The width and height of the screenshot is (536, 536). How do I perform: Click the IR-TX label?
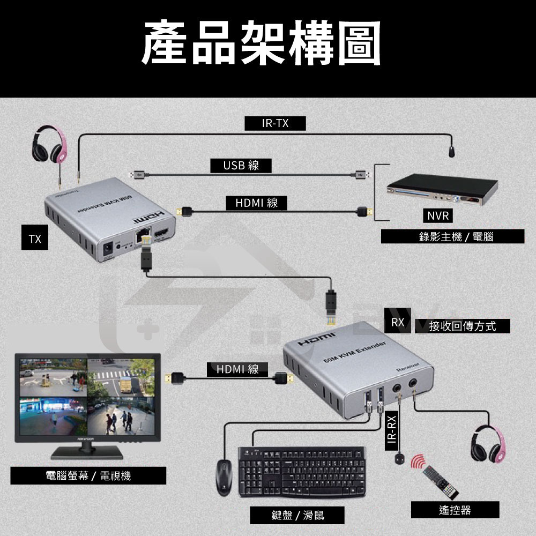pos(275,124)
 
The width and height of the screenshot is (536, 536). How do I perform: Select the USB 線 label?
pos(241,166)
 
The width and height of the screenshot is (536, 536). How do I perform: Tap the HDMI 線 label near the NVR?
pos(257,203)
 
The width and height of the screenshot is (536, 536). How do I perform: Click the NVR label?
pos(437,215)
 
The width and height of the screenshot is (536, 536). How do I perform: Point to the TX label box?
pos(35,239)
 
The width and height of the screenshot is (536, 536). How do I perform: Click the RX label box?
pos(398,323)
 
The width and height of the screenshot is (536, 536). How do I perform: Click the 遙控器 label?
pos(455,510)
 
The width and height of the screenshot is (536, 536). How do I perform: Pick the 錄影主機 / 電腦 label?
pos(452,236)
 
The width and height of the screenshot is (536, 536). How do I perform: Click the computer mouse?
pos(224,478)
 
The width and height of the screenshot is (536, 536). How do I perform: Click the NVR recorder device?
pos(443,192)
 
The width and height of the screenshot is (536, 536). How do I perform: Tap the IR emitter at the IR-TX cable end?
pos(453,151)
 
